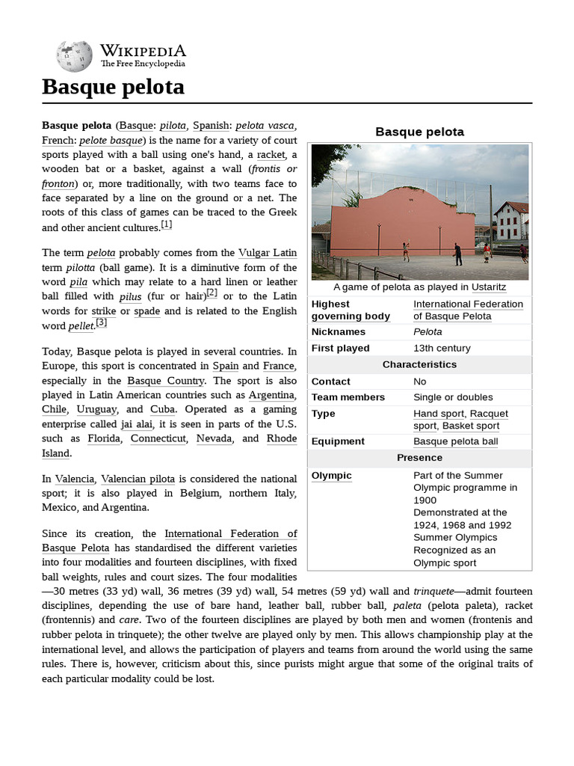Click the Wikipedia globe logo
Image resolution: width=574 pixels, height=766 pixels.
click(x=73, y=55)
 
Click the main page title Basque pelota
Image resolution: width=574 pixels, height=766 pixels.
click(x=113, y=87)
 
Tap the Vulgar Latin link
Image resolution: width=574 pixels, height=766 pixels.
click(x=267, y=253)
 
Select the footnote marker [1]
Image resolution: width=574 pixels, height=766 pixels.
click(x=167, y=224)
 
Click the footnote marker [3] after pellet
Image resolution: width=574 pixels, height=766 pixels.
click(x=102, y=322)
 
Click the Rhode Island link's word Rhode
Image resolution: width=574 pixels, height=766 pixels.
click(x=282, y=438)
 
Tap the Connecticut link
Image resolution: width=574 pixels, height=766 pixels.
click(x=158, y=438)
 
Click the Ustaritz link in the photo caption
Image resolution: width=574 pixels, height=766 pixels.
click(x=489, y=287)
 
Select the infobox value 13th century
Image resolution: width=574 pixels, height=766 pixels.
click(x=442, y=348)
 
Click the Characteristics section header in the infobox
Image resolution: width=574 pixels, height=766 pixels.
click(x=419, y=364)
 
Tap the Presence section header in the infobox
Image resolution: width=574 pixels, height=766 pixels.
click(x=419, y=457)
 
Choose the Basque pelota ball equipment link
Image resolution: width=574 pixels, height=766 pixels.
click(x=455, y=441)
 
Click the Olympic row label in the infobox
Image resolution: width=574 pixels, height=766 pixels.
click(x=331, y=475)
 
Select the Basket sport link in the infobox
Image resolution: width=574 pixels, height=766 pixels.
click(x=471, y=426)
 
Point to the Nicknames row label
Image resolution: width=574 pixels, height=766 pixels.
click(x=338, y=331)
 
